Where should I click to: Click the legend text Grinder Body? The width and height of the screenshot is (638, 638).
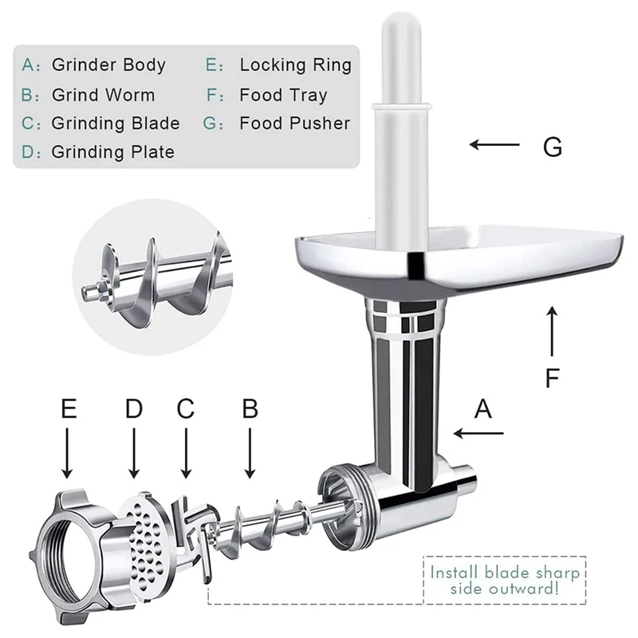[108, 65]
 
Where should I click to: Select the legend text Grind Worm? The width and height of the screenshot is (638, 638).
[104, 94]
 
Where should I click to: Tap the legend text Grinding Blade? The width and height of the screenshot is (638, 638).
[116, 124]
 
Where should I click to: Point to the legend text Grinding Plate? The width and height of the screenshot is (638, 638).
[112, 152]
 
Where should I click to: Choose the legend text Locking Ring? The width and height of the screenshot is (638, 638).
[295, 65]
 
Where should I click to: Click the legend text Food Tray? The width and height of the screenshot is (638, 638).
[283, 95]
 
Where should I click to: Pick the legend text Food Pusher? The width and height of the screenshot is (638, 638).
[294, 124]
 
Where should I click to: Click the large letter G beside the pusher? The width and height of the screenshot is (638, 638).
[552, 146]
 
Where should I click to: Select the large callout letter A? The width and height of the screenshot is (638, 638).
[484, 409]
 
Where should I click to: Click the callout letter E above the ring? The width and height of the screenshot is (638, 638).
[69, 409]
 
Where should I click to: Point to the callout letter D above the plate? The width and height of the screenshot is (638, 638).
[133, 409]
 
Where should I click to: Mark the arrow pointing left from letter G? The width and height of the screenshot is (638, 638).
[494, 145]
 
